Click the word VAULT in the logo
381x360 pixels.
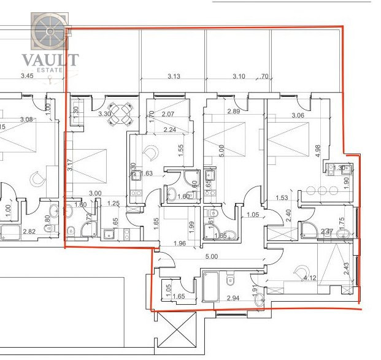click(x=50, y=59)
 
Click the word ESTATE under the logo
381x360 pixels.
click(x=50, y=71)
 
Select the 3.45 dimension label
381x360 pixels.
click(x=26, y=76)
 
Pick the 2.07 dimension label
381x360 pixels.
click(x=168, y=114)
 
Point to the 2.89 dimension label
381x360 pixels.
click(x=233, y=112)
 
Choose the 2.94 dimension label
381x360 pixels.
click(x=233, y=297)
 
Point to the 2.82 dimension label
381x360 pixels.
click(x=29, y=231)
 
